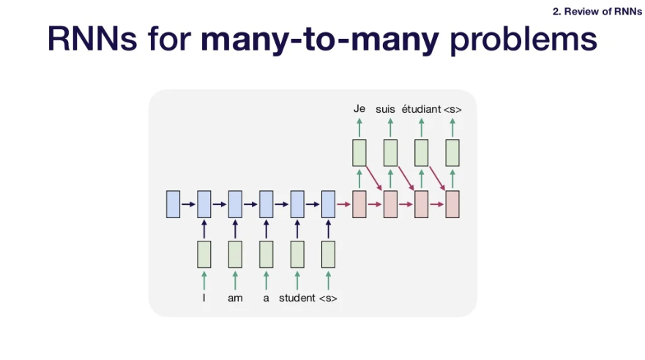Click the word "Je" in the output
pos(359,109)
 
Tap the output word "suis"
pos(386,109)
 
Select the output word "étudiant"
pos(420,109)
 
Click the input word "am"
pos(235,299)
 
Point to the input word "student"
pos(297,299)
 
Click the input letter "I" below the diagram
pos(204,299)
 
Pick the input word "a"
pos(266,299)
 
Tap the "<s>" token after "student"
pos(328,299)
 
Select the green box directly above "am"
pos(235,254)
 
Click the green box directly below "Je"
pos(359,152)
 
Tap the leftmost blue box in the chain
pos(173,203)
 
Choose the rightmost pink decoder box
pos(452,203)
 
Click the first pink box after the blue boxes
pos(359,203)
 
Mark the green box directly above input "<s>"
pos(328,254)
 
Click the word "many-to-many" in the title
pos(320,40)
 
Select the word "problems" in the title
pos(523,40)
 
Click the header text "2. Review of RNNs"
pos(597,11)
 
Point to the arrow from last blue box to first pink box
pos(343,203)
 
